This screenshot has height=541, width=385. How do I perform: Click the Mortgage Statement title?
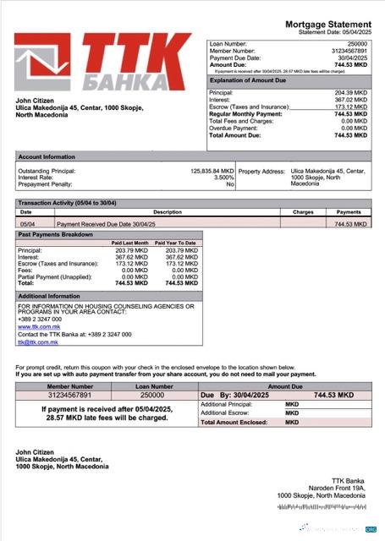click(x=327, y=24)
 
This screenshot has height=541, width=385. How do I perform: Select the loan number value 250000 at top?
click(x=358, y=43)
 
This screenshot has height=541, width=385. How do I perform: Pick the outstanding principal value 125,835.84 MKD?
click(x=212, y=171)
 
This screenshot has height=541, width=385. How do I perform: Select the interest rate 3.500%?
click(x=223, y=178)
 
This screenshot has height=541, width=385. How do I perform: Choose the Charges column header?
click(x=303, y=212)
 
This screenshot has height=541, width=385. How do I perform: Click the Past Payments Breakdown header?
click(x=56, y=233)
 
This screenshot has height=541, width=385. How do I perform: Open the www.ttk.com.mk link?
click(x=36, y=326)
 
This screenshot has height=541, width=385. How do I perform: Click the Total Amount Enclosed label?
click(x=234, y=421)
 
